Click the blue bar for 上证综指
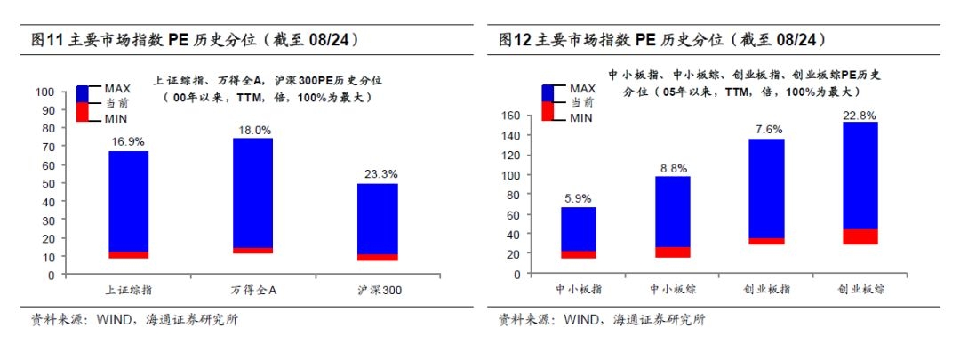pyautogui.click(x=128, y=201)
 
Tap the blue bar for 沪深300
pyautogui.click(x=377, y=218)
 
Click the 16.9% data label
pyautogui.click(x=128, y=141)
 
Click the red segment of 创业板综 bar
pyautogui.click(x=860, y=236)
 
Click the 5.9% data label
pyautogui.click(x=578, y=199)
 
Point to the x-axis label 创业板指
pyautogui.click(x=766, y=290)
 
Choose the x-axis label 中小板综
pyautogui.click(x=672, y=290)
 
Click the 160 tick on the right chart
pyautogui.click(x=510, y=116)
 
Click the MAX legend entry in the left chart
pyautogui.click(x=117, y=88)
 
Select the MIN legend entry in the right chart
pyautogui.click(x=581, y=117)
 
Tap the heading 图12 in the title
pyautogui.click(x=515, y=39)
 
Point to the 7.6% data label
pyautogui.click(x=766, y=130)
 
